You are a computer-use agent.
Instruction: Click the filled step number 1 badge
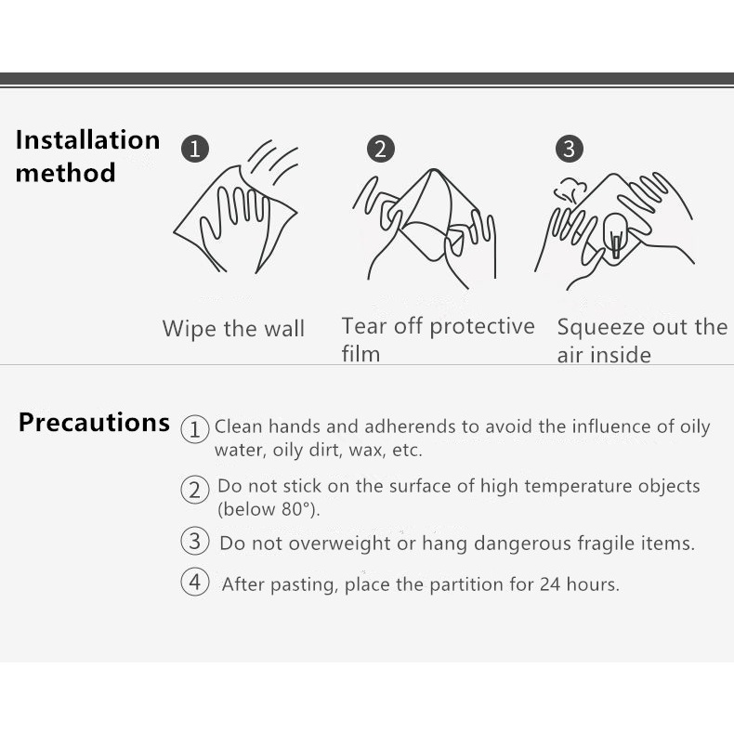click(x=195, y=149)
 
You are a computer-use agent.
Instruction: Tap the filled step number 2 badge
click(x=381, y=149)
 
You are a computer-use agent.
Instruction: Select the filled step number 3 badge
click(x=570, y=149)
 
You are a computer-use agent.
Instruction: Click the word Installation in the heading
click(x=87, y=140)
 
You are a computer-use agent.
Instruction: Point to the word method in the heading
click(x=66, y=172)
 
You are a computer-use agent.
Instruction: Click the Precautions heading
click(x=94, y=422)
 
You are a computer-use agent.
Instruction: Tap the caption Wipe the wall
click(x=233, y=328)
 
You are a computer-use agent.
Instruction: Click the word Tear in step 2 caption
click(x=364, y=326)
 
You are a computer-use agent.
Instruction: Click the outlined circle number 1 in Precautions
click(x=195, y=429)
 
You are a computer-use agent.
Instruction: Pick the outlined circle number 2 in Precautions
click(x=195, y=490)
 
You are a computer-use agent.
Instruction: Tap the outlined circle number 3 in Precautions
click(x=195, y=541)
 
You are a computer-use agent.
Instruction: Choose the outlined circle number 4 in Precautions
click(x=195, y=582)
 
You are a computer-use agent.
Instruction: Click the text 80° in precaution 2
click(x=297, y=509)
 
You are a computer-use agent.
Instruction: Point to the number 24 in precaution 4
click(x=550, y=584)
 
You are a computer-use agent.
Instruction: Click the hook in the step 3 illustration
click(x=615, y=235)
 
